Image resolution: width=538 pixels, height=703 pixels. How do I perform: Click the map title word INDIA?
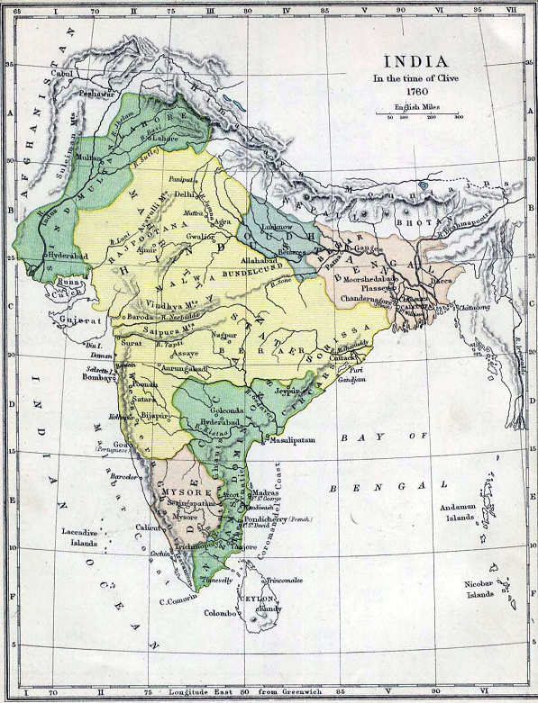[415, 62]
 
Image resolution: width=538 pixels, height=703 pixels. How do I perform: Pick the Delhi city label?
[185, 194]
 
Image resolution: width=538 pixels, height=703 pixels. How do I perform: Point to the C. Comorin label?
[178, 600]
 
